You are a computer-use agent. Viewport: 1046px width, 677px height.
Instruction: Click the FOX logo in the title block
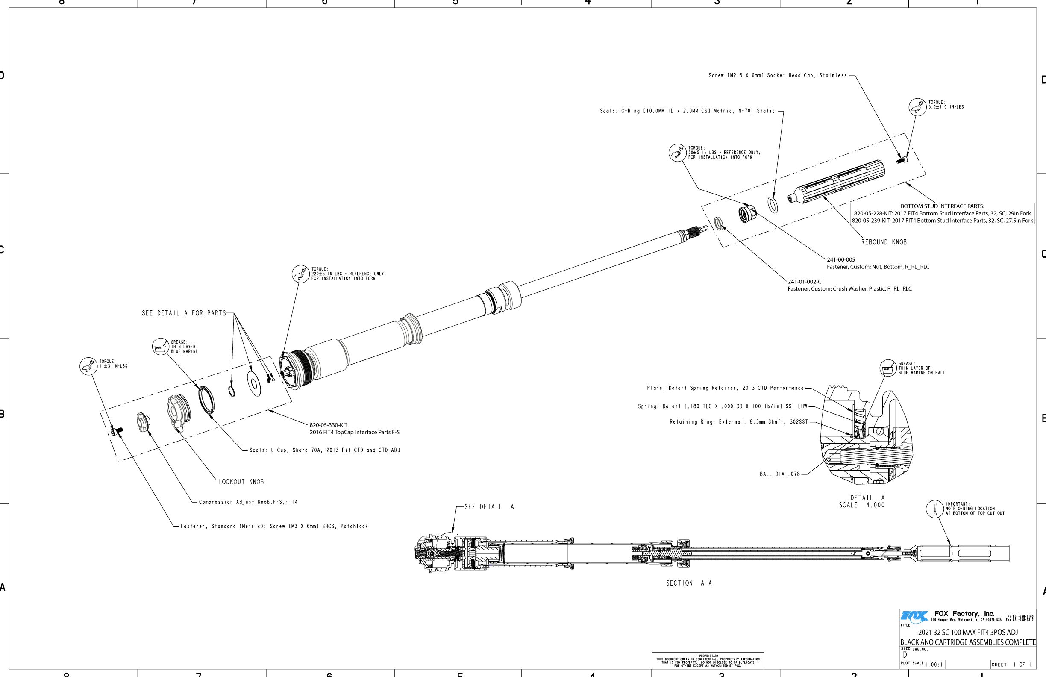click(x=914, y=616)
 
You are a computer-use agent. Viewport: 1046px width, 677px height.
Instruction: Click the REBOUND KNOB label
click(x=884, y=242)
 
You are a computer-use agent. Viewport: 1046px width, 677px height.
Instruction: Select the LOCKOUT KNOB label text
click(x=241, y=482)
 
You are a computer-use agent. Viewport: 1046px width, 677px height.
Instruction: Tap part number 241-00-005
click(x=841, y=260)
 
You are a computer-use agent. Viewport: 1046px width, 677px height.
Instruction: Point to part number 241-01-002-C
click(x=804, y=282)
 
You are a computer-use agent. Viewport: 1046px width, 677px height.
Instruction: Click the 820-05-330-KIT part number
click(x=328, y=425)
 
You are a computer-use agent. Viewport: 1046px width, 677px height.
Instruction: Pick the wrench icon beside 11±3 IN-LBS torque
click(x=88, y=366)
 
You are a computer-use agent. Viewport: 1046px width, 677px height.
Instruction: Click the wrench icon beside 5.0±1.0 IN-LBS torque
click(x=918, y=107)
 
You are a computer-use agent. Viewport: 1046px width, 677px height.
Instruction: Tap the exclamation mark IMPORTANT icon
click(x=935, y=509)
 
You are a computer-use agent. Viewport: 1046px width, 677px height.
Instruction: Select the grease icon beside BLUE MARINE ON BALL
click(x=888, y=369)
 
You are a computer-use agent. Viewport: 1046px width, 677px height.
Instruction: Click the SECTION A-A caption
click(x=689, y=583)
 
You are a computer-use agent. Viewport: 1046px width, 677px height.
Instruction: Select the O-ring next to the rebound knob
click(x=773, y=204)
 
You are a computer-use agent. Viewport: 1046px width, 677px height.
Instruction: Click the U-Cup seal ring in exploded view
click(x=206, y=400)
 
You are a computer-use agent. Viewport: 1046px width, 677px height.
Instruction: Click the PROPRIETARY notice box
click(x=708, y=660)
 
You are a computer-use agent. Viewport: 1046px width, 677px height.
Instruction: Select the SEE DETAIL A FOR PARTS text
click(x=183, y=313)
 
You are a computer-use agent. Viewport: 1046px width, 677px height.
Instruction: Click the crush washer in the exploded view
click(x=719, y=224)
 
